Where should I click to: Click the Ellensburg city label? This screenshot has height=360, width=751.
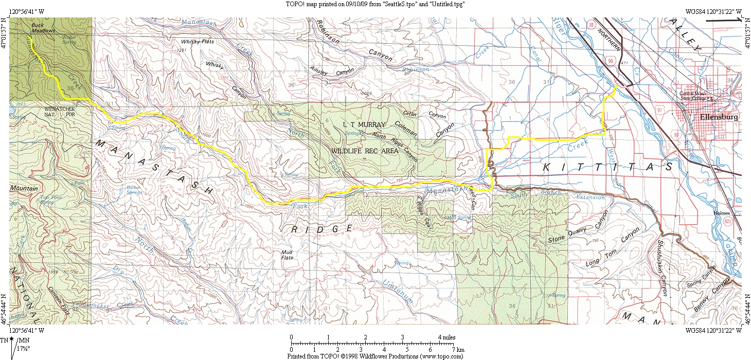(719, 117)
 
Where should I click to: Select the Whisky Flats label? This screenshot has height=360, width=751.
(197, 41)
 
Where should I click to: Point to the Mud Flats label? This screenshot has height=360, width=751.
(287, 255)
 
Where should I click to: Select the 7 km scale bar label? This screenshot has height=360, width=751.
(458, 350)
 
